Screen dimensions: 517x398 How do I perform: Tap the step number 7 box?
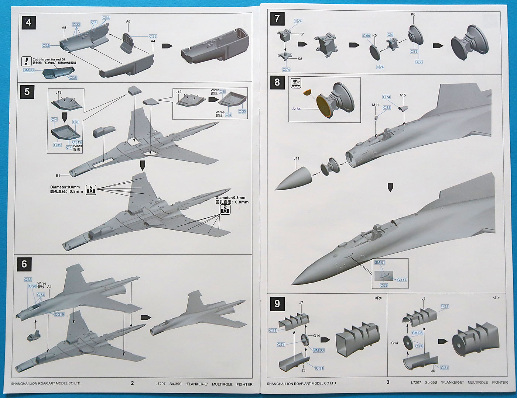[277, 18]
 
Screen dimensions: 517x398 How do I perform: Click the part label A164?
[297, 109]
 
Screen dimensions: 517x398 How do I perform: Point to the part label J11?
[296, 159]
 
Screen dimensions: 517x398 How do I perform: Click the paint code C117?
[402, 280]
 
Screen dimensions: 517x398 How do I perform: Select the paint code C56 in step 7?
[366, 36]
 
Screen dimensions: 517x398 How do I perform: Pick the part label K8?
[300, 59]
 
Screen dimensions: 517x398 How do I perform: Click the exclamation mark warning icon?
[27, 60]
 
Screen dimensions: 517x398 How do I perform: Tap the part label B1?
[58, 176]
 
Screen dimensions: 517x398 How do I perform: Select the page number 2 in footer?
[132, 383]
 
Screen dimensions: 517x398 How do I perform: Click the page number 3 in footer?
[388, 382]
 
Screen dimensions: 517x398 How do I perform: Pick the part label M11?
[375, 105]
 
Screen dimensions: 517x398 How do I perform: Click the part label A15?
[403, 95]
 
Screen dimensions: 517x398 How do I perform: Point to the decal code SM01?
[380, 262]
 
